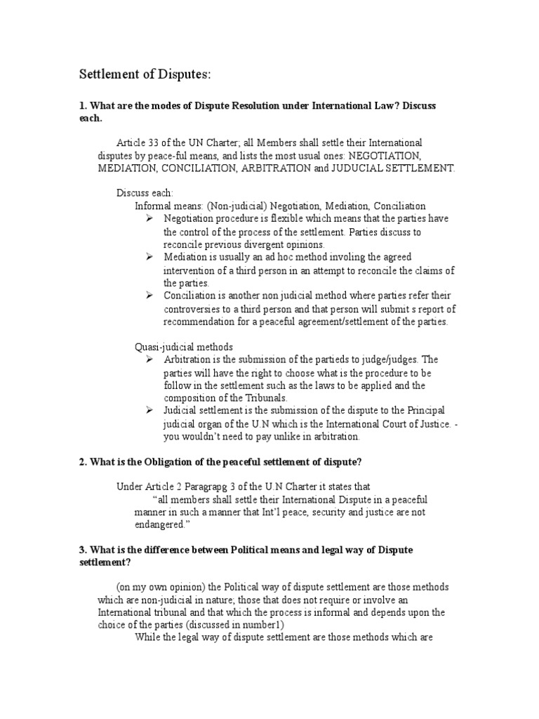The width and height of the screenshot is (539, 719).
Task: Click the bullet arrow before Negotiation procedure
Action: [149, 218]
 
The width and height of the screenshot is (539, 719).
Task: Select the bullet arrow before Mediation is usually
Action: [149, 257]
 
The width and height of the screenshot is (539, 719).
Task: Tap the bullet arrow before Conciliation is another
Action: [149, 295]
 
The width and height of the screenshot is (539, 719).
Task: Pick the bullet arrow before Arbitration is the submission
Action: [149, 359]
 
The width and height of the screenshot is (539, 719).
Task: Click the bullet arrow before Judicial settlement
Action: [149, 410]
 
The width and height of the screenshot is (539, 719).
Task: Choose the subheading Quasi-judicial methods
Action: [183, 347]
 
